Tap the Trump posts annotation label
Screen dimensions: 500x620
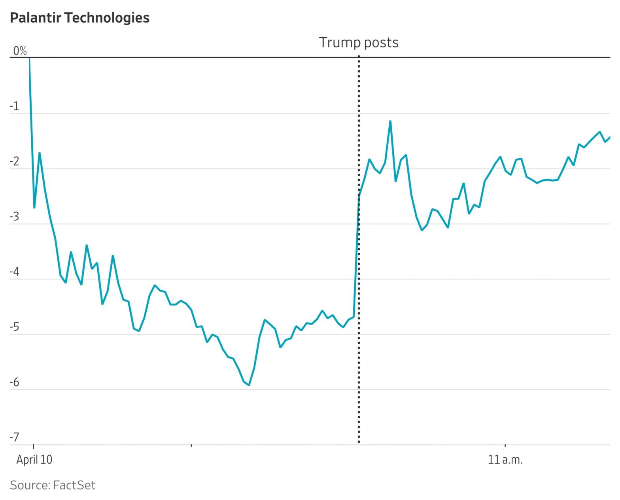pyautogui.click(x=358, y=42)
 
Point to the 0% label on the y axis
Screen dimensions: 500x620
pyautogui.click(x=20, y=51)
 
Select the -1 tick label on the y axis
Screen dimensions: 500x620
pyautogui.click(x=15, y=106)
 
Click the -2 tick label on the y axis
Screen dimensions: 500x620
pyautogui.click(x=15, y=162)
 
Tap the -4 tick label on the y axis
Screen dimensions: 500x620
pyautogui.click(x=15, y=272)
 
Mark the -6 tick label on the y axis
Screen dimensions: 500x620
pyautogui.click(x=15, y=383)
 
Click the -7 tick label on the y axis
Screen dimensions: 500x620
pyautogui.click(x=15, y=438)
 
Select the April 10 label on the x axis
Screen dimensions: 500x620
pyautogui.click(x=34, y=460)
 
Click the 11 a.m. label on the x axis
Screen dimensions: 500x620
pyautogui.click(x=505, y=460)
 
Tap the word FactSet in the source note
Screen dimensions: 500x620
pyautogui.click(x=74, y=485)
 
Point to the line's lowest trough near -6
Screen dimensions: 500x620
pyautogui.click(x=249, y=385)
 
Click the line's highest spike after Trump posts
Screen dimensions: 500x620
pyautogui.click(x=390, y=121)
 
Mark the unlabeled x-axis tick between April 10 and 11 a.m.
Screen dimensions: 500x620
pyautogui.click(x=191, y=445)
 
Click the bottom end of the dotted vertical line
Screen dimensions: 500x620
pyautogui.click(x=359, y=442)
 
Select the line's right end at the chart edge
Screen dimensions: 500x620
pyautogui.click(x=610, y=137)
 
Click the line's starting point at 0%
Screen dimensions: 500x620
pyautogui.click(x=30, y=58)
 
